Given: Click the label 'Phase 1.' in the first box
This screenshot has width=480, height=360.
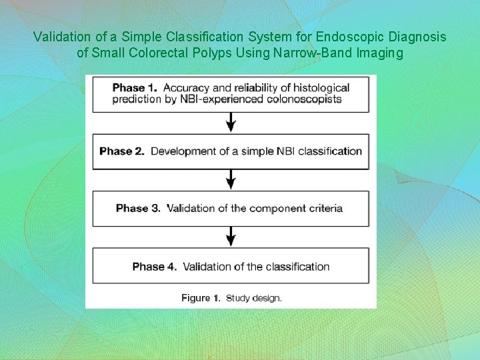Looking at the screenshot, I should tap(135, 88).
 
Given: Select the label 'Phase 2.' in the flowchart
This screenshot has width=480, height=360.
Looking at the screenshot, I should tap(122, 151).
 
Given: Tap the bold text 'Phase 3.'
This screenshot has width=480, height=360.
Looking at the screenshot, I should tap(138, 208).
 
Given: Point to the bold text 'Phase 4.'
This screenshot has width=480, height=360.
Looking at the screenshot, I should tap(155, 267).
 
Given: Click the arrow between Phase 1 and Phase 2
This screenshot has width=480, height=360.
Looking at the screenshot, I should tap(231, 122).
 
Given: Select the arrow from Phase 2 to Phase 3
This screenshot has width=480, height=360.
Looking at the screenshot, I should tap(231, 179).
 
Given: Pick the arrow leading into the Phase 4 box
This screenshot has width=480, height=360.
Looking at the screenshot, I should tap(231, 236).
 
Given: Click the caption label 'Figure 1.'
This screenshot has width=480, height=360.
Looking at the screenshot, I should tap(201, 298).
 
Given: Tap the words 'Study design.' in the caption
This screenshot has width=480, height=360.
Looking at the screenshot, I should tap(254, 298).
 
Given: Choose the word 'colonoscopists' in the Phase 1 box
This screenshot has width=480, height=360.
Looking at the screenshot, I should tap(307, 99).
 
